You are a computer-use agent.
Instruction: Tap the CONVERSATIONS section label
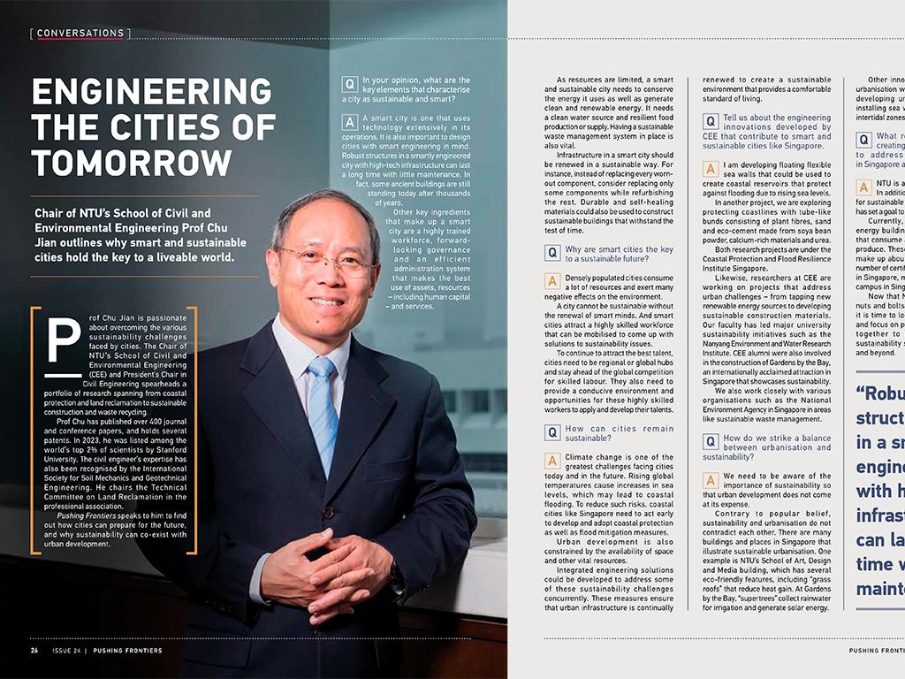click(x=80, y=34)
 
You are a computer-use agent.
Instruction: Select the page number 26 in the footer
click(x=34, y=651)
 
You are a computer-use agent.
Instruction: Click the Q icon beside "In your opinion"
click(x=350, y=85)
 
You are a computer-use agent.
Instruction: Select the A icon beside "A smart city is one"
click(x=350, y=123)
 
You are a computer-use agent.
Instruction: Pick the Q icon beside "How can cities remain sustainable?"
click(x=552, y=433)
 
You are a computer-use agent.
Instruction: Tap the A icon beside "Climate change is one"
click(x=552, y=462)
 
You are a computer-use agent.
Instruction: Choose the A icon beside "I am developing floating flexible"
click(x=710, y=169)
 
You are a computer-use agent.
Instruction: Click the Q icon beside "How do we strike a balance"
click(x=710, y=442)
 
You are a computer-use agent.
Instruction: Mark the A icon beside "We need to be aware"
click(x=710, y=480)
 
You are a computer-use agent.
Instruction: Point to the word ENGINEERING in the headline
click(x=152, y=91)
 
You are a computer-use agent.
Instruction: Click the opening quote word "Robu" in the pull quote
click(x=878, y=393)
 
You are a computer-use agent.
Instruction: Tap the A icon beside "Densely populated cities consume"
click(x=552, y=281)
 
